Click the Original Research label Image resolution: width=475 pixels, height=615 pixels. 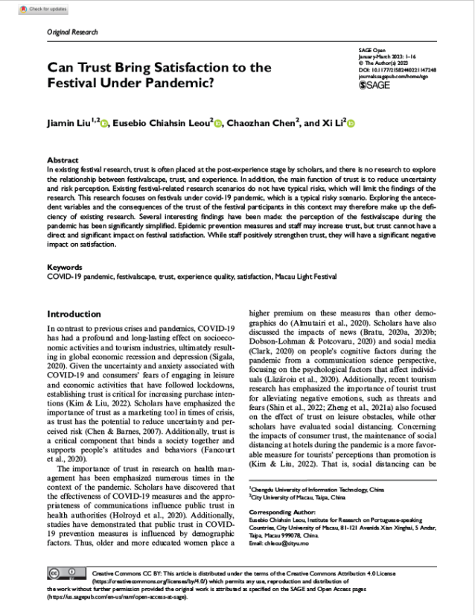(x=72, y=32)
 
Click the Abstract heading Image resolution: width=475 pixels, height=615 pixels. (x=63, y=160)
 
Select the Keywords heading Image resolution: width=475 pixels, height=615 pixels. (x=65, y=266)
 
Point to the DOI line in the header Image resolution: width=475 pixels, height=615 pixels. (x=395, y=69)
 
